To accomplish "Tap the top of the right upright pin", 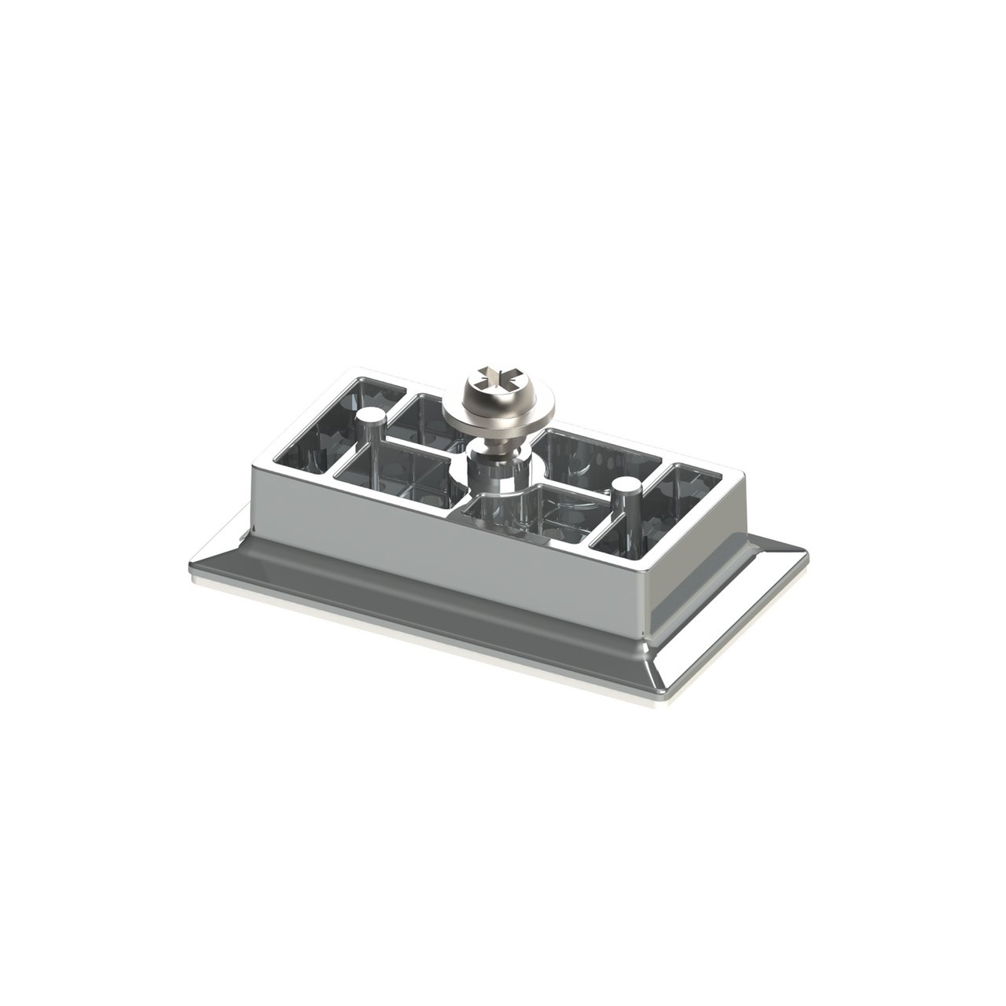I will point(625,485).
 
